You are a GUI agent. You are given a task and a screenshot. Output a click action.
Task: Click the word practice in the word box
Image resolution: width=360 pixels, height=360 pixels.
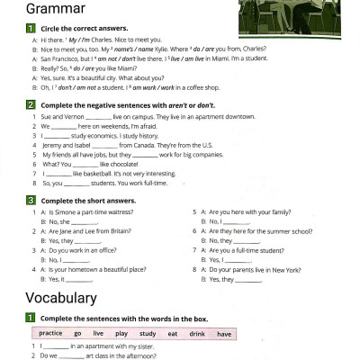click(x=50, y=333)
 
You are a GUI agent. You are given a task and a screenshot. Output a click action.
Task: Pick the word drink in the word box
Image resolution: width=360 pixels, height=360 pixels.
click(x=198, y=333)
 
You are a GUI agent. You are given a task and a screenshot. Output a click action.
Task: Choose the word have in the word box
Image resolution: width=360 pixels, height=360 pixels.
click(x=225, y=333)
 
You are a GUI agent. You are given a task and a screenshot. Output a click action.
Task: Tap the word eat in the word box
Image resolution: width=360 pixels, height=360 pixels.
click(x=173, y=333)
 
